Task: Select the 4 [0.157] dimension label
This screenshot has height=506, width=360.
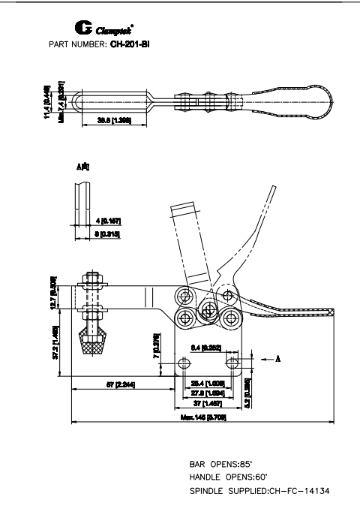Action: click(109, 221)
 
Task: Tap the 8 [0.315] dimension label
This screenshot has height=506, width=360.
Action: click(109, 235)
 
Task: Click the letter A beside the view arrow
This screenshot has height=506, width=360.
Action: click(278, 359)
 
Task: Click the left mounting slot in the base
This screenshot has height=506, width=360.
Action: click(184, 363)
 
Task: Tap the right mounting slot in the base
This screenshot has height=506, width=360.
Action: click(233, 363)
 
